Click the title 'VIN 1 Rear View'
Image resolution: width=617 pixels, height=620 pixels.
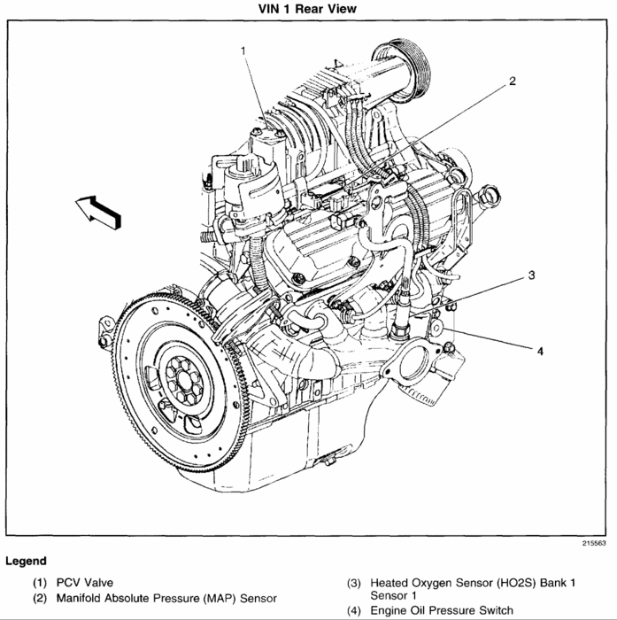tap(308, 9)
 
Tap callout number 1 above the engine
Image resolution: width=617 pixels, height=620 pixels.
tap(243, 51)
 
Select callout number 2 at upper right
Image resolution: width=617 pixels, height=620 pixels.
tap(511, 81)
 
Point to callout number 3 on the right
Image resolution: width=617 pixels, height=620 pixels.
tap(530, 275)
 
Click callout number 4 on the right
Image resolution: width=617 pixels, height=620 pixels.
tap(539, 351)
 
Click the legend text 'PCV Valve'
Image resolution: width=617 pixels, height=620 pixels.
tap(87, 583)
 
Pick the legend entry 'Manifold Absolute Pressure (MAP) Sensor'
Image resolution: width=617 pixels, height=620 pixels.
tap(166, 598)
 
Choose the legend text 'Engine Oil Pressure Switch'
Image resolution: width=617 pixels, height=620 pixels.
tap(442, 610)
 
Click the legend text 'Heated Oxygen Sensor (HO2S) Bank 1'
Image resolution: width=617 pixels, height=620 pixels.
tap(473, 583)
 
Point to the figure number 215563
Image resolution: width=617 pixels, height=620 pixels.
tap(593, 543)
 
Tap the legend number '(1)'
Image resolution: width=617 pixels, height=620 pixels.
tap(41, 583)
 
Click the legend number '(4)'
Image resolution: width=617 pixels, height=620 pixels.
tap(354, 610)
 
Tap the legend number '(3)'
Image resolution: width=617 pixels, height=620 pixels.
tap(354, 583)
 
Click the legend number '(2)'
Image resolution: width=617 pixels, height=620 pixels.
tap(41, 598)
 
